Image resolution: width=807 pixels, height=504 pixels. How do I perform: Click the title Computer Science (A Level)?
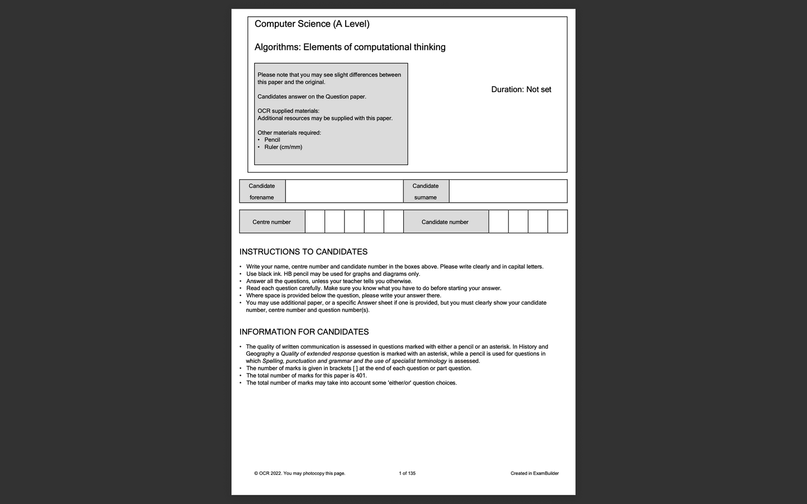coord(312,24)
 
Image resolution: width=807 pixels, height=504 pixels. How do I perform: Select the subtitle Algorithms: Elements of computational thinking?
coord(350,47)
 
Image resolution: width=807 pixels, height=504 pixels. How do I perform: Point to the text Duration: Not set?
coord(521,90)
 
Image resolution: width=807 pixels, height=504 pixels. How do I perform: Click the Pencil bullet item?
coord(272,140)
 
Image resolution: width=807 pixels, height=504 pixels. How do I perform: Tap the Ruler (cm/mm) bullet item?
coord(283,147)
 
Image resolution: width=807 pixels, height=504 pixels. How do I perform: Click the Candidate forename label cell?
coord(262,191)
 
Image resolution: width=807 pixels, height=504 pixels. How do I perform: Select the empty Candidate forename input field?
coord(344,191)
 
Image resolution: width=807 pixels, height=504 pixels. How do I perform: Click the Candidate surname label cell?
coord(426,191)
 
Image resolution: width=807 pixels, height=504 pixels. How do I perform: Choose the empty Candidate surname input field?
coord(508,191)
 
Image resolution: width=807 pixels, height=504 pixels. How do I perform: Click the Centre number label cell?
coord(271,222)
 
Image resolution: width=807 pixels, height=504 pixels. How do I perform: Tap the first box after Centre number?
coord(315,222)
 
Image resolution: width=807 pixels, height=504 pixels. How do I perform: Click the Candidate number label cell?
coord(445,222)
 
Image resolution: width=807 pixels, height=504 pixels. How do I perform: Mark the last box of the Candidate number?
coord(557,222)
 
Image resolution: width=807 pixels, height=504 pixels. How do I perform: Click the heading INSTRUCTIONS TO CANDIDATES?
coord(303,252)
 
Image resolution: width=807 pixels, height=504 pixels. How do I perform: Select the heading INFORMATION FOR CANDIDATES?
coord(304,332)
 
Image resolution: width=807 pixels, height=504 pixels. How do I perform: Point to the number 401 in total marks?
coord(361,376)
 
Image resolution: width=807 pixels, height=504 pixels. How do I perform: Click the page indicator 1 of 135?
coord(407,473)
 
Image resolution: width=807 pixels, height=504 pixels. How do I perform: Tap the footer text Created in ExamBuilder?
coord(534,473)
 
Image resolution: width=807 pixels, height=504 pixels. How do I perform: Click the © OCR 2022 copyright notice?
coord(299,473)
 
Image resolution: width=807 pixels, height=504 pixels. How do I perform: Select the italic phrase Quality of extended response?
coord(318,354)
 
